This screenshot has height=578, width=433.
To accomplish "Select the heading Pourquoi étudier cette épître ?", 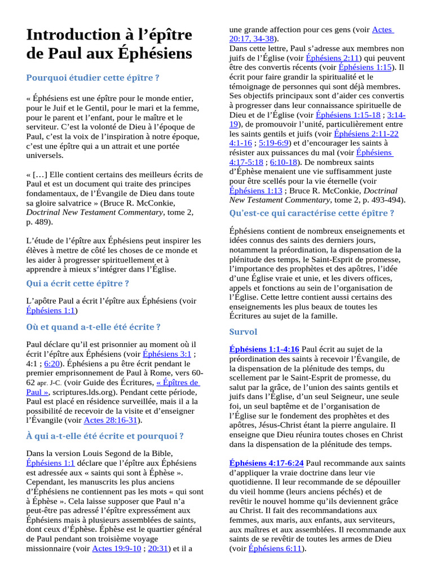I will point(93,77).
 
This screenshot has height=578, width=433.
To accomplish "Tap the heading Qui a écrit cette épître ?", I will point(78,283).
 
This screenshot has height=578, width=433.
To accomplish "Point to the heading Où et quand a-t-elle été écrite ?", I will point(94,327).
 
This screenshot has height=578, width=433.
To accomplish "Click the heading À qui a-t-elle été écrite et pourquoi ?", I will point(105,436).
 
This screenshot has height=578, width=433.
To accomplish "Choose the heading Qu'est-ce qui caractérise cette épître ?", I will point(312,213).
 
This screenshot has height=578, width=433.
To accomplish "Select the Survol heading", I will point(243,331).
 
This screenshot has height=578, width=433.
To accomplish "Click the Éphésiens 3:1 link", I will point(167,354).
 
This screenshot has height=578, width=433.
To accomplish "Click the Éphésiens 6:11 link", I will point(275,548).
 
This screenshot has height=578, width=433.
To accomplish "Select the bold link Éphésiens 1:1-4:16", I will point(264,349).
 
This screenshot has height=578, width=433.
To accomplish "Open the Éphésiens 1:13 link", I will point(255,191).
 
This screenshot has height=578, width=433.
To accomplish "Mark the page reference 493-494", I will point(385,200).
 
